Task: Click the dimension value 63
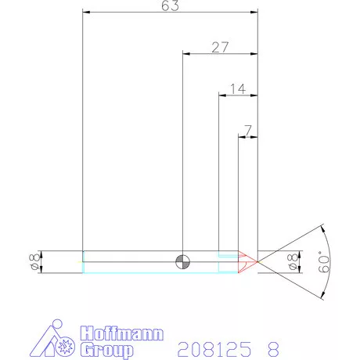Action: click(171, 6)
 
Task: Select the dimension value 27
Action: click(220, 47)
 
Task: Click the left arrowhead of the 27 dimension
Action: click(185, 54)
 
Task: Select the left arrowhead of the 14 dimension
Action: click(221, 95)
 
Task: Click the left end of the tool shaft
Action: click(84, 261)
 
